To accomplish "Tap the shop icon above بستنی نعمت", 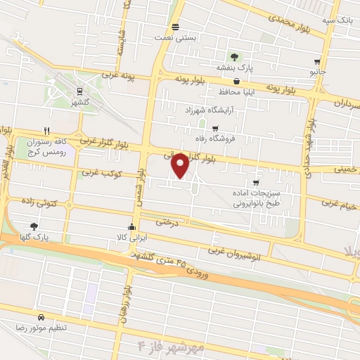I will [x=174, y=26].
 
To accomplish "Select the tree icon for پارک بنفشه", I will [x=234, y=57].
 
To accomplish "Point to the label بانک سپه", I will [x=337, y=21].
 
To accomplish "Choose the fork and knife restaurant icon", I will [x=46, y=130].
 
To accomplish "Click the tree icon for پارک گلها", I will [x=34, y=226].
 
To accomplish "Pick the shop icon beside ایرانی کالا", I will [x=131, y=226].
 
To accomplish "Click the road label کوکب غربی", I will [x=102, y=172].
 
